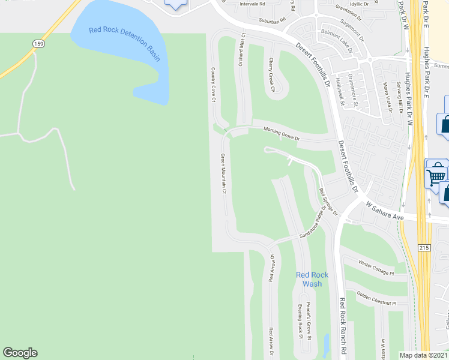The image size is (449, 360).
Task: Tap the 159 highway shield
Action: coord(39,44)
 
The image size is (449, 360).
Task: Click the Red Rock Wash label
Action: coord(312,279)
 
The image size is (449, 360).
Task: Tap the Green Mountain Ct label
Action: coord(223,174)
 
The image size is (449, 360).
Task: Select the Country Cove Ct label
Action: coord(213,85)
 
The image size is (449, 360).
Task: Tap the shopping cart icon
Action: coord(436,174)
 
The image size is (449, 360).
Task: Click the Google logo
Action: coord(20,353)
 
